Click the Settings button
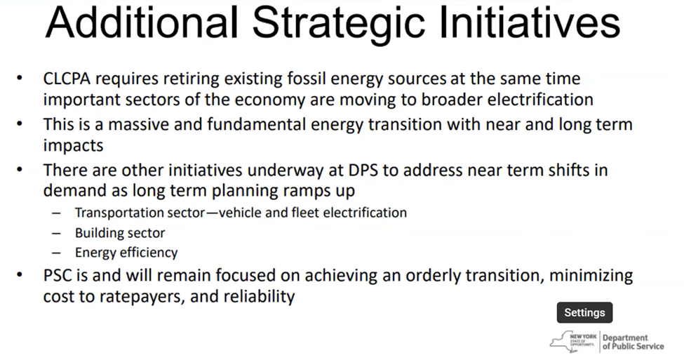(x=584, y=312)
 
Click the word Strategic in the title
(x=338, y=23)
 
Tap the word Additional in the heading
(x=142, y=22)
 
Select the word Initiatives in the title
(x=529, y=22)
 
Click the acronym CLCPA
(x=67, y=79)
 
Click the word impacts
(x=73, y=146)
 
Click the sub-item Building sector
(x=120, y=233)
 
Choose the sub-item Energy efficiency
(x=126, y=253)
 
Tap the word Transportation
(x=119, y=213)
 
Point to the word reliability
(x=259, y=297)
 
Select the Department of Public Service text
(x=633, y=342)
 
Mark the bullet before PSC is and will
(x=19, y=275)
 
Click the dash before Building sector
(x=56, y=233)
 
